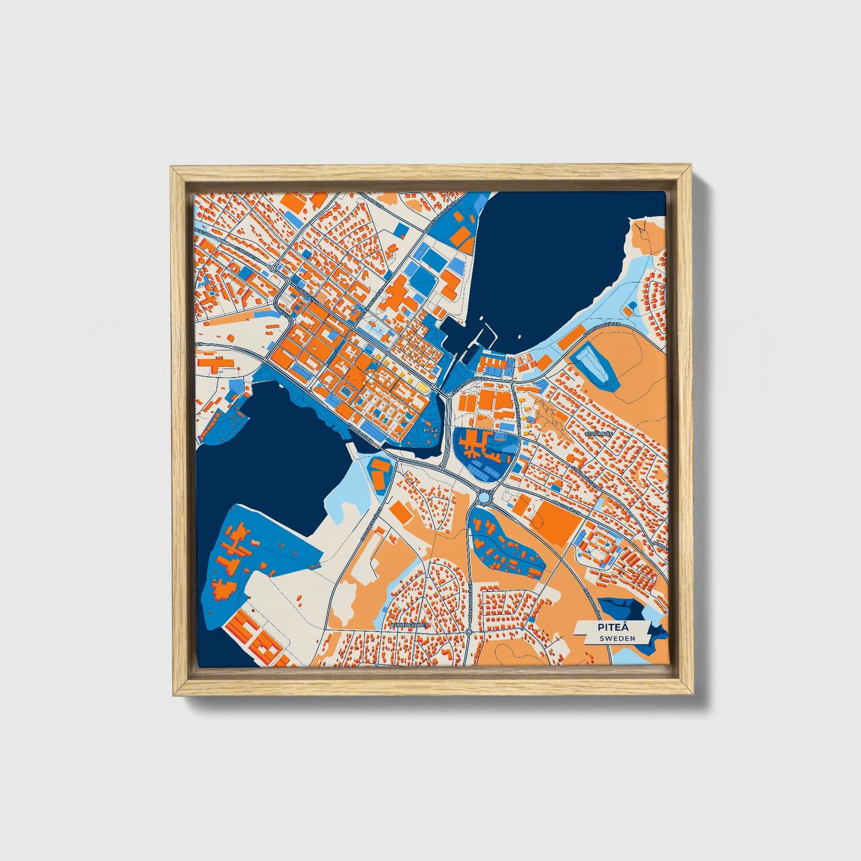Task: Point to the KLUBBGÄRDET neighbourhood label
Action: (x=410, y=625)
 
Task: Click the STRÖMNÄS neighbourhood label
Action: (x=599, y=434)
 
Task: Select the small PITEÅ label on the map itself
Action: (x=430, y=429)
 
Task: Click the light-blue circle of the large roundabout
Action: (x=486, y=496)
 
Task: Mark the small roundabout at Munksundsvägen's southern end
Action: (x=469, y=648)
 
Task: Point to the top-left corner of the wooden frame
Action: (x=173, y=169)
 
